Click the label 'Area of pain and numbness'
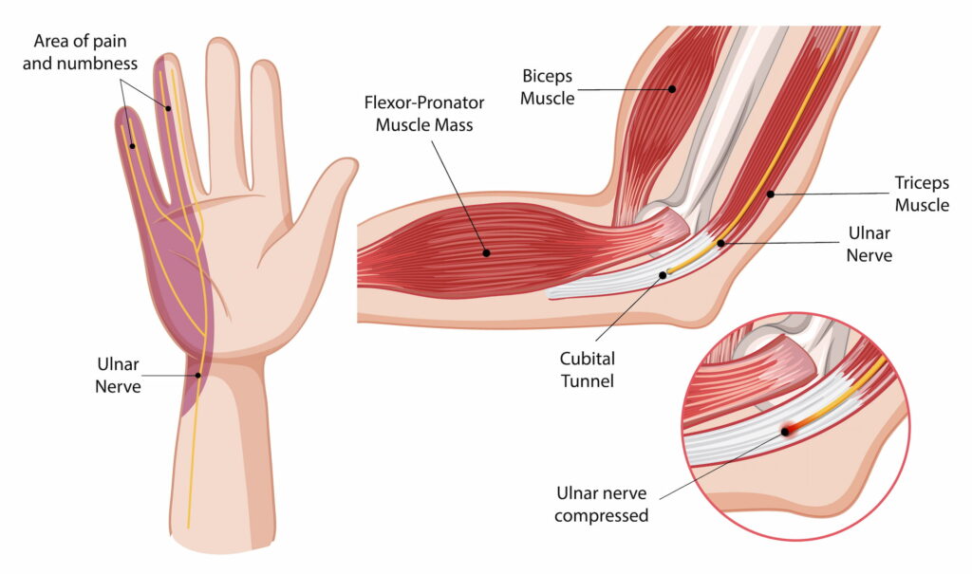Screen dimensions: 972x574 click(80, 52)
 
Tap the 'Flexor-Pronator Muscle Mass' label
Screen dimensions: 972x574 click(424, 114)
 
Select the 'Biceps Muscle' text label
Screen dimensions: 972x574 click(548, 86)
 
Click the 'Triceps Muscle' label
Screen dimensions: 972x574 click(922, 194)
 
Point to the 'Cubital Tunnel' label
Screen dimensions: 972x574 click(587, 369)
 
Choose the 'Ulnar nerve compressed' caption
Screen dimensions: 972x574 click(601, 504)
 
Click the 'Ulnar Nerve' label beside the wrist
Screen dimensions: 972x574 click(118, 375)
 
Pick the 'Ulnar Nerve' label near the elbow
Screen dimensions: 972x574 click(869, 244)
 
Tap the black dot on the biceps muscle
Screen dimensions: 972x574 click(672, 89)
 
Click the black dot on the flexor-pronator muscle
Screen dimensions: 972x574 click(487, 253)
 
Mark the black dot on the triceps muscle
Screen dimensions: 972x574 click(771, 194)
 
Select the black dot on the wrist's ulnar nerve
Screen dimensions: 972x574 click(198, 375)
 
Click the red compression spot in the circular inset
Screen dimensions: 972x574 click(786, 431)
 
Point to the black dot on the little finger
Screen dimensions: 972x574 click(132, 146)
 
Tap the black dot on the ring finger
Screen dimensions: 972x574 click(168, 108)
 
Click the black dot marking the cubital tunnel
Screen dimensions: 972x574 click(663, 274)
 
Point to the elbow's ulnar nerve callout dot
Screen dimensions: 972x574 click(721, 243)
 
